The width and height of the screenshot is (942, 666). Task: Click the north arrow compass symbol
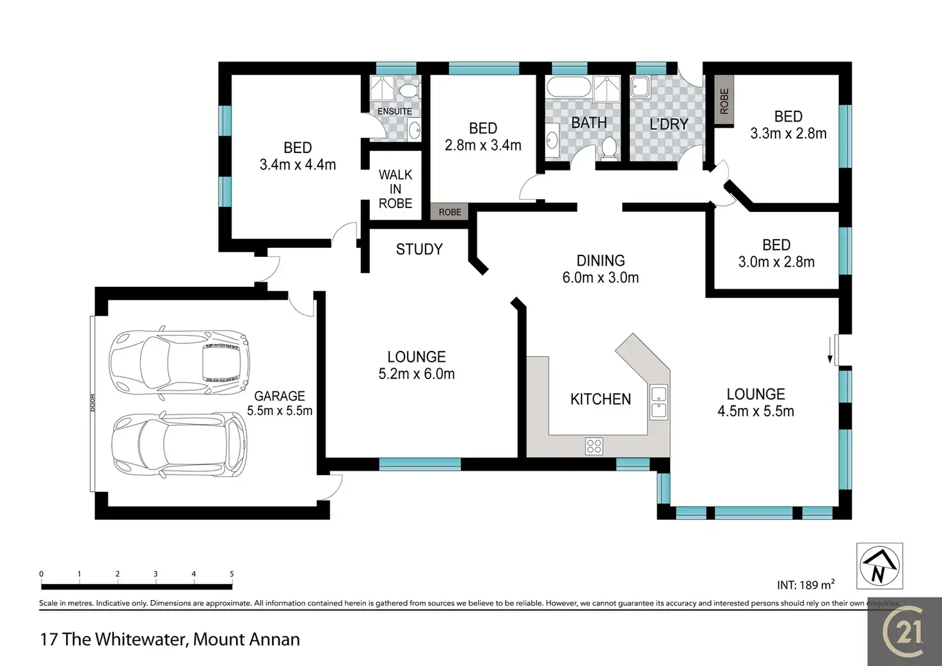pyautogui.click(x=880, y=566)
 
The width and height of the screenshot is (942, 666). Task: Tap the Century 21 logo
pyautogui.click(x=905, y=631)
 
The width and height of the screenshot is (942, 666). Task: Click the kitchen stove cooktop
pyautogui.click(x=594, y=446)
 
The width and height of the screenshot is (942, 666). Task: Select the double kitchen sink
pyautogui.click(x=659, y=402)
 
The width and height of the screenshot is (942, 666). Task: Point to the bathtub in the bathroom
pyautogui.click(x=568, y=88)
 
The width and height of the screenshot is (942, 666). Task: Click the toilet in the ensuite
pyautogui.click(x=409, y=90)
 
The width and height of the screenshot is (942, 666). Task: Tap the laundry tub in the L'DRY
pyautogui.click(x=640, y=87)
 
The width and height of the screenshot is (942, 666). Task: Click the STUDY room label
pyautogui.click(x=419, y=250)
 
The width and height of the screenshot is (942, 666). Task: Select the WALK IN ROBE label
pyautogui.click(x=395, y=189)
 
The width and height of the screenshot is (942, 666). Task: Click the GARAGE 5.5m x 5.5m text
pyautogui.click(x=279, y=403)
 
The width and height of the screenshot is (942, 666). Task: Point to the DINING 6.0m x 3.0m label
pyautogui.click(x=600, y=269)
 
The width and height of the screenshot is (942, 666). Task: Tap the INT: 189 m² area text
pyautogui.click(x=806, y=585)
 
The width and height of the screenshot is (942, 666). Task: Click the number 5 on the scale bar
pyautogui.click(x=232, y=574)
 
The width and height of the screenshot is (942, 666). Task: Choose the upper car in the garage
pyautogui.click(x=179, y=361)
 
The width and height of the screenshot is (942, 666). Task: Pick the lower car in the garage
pyautogui.click(x=179, y=444)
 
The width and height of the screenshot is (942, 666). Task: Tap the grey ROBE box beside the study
pyautogui.click(x=449, y=212)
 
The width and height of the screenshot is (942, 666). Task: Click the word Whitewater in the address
pyautogui.click(x=141, y=640)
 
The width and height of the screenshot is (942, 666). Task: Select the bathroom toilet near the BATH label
pyautogui.click(x=609, y=149)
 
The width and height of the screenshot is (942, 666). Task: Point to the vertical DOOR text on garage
pyautogui.click(x=93, y=403)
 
